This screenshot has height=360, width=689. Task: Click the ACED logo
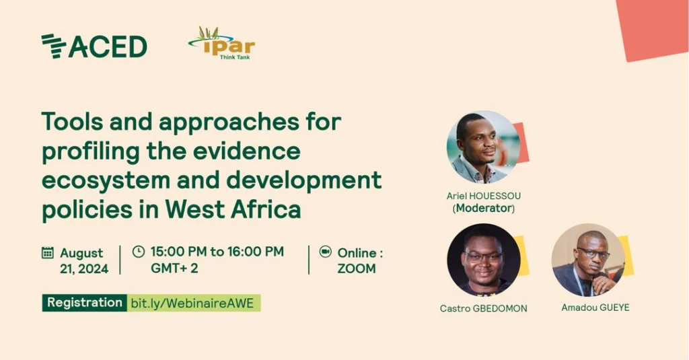coord(94,46)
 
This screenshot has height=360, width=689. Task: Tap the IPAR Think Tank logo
coord(221,43)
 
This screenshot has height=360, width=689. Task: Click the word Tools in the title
coord(71,121)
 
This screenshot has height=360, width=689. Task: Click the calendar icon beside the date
coord(48,253)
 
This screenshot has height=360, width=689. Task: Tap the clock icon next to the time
coord(139,252)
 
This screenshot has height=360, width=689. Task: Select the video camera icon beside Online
coord(325,252)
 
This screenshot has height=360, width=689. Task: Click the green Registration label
coord(84,303)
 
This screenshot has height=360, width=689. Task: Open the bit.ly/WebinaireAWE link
coord(193,303)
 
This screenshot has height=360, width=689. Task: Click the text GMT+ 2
coord(174,268)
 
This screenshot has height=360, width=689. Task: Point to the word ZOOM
coord(357,268)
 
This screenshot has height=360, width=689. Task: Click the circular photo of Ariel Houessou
coord(483,147)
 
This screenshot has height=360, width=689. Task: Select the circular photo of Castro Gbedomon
coord(483,260)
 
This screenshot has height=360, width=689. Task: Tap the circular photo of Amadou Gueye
coord(588,260)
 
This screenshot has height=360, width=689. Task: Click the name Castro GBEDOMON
coord(483,309)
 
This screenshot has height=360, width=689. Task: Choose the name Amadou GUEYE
coord(595,308)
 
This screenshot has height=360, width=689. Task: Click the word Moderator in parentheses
coord(483,208)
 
